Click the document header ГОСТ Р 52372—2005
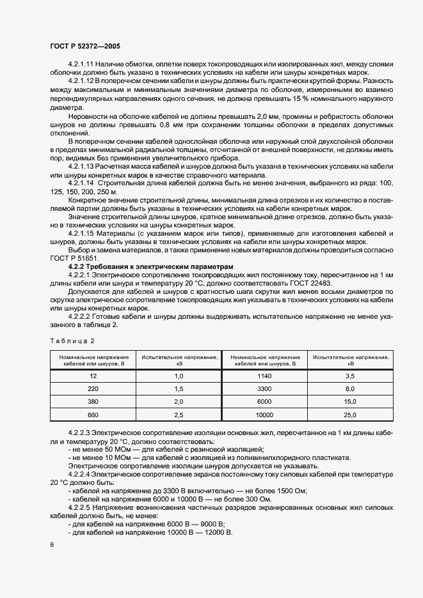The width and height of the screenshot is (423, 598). tap(84, 46)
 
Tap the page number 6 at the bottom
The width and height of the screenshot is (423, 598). tap(52, 544)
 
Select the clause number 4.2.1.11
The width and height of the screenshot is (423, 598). tap(81, 65)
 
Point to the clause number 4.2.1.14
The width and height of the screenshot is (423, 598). tap(81, 183)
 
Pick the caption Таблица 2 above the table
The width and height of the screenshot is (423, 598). tap(72, 341)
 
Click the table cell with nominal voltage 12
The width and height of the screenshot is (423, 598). tap(93, 377)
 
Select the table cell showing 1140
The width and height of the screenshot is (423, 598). tap(265, 377)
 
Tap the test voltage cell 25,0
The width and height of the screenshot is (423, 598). tap(350, 416)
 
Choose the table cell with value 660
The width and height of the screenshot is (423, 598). tap(93, 416)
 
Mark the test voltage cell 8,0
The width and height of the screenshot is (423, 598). tap(350, 390)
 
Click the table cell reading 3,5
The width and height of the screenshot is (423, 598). tap(350, 377)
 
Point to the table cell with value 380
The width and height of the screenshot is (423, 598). tap(93, 403)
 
